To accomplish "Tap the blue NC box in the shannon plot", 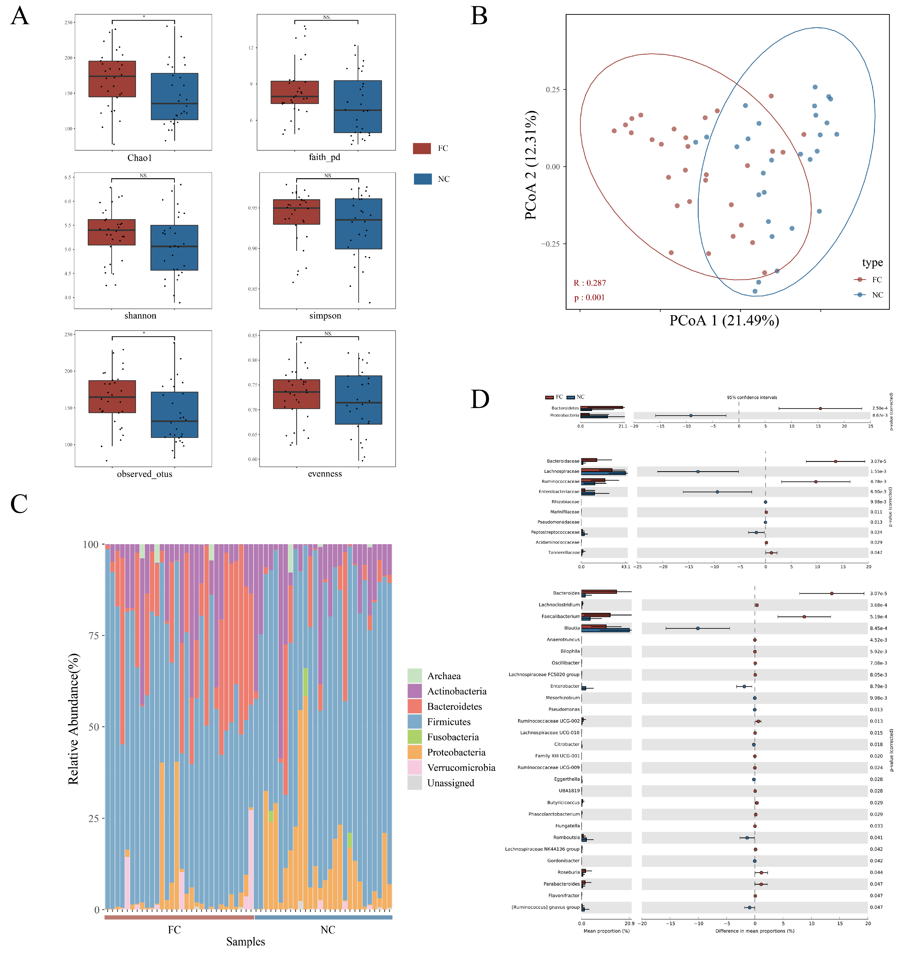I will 174,247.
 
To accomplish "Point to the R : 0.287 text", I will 590,283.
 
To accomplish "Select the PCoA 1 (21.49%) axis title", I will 724,320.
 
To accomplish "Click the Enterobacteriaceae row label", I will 559,491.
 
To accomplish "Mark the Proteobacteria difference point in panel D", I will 690,416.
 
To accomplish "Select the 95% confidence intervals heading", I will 752,397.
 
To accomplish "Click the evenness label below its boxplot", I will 325,474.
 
